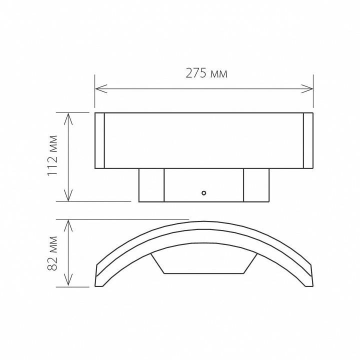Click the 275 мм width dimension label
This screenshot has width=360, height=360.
206,73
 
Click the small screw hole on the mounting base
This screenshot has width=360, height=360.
203,192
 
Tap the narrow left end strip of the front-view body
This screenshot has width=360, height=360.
99,140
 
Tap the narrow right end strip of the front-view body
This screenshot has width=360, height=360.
308,140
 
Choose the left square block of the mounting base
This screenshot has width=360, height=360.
151,185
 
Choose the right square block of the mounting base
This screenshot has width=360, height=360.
256,185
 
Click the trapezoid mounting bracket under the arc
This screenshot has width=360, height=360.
204,264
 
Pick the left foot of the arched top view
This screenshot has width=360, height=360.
99,279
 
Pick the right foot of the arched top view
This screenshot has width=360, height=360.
308,279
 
